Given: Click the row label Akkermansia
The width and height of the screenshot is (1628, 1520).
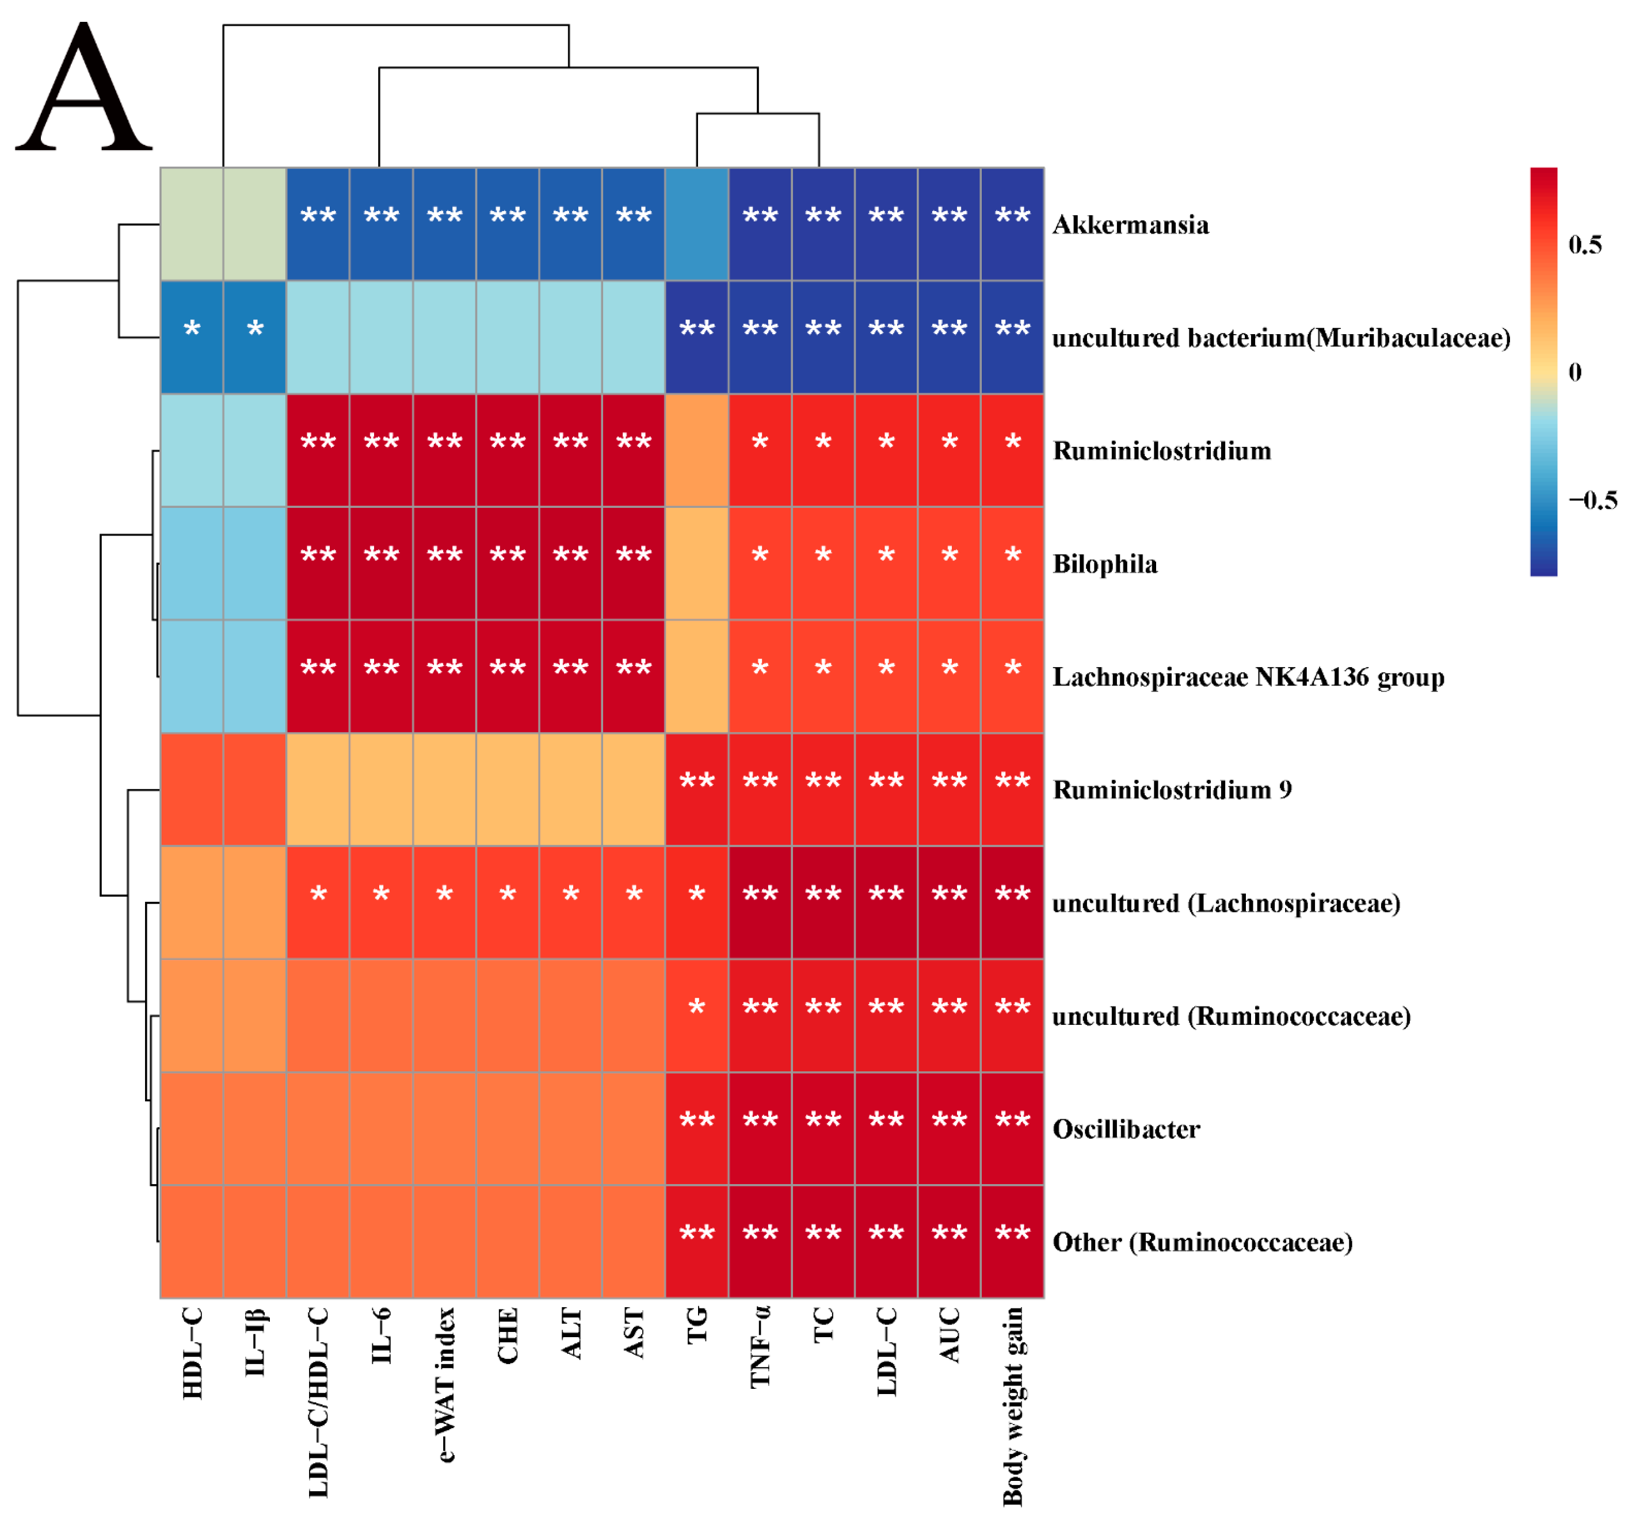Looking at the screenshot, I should click(x=1130, y=225).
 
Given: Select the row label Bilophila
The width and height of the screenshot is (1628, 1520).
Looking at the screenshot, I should click(x=1105, y=564).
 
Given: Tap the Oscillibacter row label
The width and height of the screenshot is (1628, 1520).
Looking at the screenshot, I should click(x=1126, y=1130).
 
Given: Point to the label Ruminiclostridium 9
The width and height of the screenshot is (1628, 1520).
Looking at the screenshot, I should click(x=1172, y=790).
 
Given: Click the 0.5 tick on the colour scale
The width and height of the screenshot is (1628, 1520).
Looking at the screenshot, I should click(x=1585, y=245).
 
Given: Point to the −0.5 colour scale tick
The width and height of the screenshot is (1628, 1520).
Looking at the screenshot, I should click(x=1592, y=500).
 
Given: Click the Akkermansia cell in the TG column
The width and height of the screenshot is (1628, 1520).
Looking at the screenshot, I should click(x=697, y=224).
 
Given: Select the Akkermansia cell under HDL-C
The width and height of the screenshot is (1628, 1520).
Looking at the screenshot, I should click(x=192, y=224).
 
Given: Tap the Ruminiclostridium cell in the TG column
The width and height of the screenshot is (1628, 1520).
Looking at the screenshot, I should click(x=697, y=450).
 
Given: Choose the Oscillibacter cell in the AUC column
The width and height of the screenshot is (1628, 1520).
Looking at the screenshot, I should click(x=949, y=1129).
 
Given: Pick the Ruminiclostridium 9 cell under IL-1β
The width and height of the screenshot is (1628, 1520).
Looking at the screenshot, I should click(x=255, y=789).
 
